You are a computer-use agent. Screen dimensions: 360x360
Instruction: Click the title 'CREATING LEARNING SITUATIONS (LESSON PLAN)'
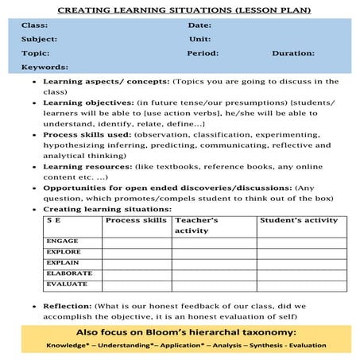tap(180, 10)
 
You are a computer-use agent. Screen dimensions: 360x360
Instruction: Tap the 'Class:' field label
tap(35, 26)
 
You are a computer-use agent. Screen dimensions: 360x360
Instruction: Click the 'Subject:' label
tap(40, 39)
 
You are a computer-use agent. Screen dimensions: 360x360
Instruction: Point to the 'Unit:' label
tap(199, 39)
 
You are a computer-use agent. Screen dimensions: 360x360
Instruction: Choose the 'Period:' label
tap(203, 53)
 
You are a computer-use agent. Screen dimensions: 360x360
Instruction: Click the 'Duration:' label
tap(293, 53)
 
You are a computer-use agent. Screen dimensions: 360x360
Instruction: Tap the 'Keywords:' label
tap(45, 68)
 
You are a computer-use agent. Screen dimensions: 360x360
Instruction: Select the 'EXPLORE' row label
tap(64, 252)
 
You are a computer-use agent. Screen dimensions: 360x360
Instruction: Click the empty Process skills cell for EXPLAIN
tap(137, 263)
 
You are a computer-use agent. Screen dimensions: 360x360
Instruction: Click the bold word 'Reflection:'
tap(68, 305)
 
